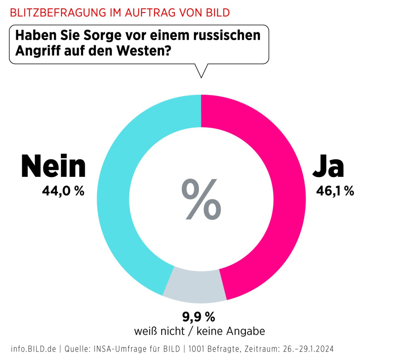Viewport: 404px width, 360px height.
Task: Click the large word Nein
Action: pyautogui.click(x=53, y=166)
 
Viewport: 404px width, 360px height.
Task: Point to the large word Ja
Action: pyautogui.click(x=328, y=166)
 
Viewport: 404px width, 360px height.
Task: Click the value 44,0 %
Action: pyautogui.click(x=63, y=191)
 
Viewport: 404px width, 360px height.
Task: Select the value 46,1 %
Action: pyautogui.click(x=335, y=191)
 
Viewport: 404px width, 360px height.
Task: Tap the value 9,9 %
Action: pyautogui.click(x=199, y=316)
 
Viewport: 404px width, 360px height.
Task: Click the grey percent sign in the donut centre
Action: pyautogui.click(x=201, y=199)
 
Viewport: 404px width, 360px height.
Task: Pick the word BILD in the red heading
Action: pyautogui.click(x=218, y=13)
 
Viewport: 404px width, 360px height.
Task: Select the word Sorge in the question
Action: pyautogui.click(x=102, y=35)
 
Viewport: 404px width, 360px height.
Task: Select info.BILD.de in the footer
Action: pyautogui.click(x=33, y=349)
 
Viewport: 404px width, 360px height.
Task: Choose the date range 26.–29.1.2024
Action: pyautogui.click(x=308, y=349)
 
